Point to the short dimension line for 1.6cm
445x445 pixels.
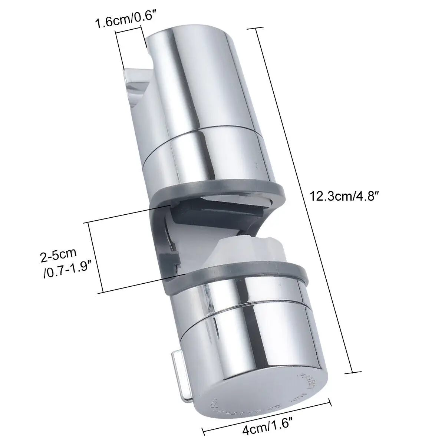click(130, 48)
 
